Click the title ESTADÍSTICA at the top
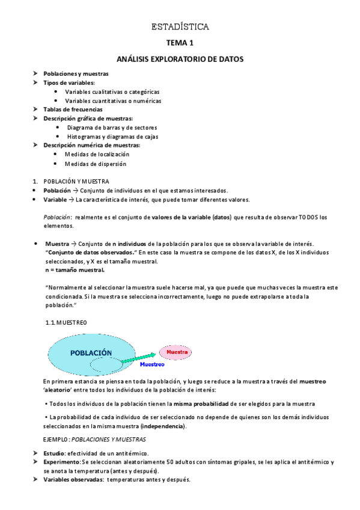(x=180, y=27)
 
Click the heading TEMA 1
(x=180, y=43)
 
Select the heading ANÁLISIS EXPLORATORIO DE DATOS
(x=180, y=60)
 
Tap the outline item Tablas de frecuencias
(x=73, y=109)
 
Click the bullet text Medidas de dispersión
(x=96, y=164)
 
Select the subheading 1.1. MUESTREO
(x=66, y=323)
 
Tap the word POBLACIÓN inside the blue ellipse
(x=90, y=353)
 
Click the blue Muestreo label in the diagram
(x=152, y=364)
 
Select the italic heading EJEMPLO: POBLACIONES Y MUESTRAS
(x=95, y=440)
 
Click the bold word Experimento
(x=62, y=462)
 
